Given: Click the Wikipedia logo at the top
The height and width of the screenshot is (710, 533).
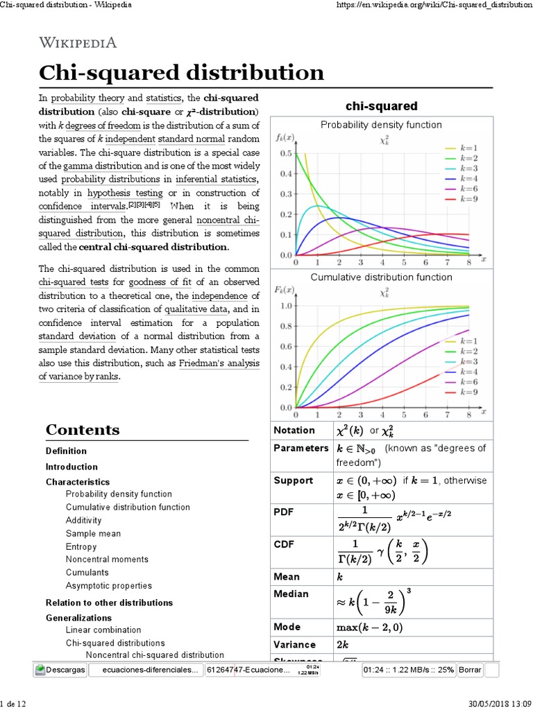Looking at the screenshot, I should pos(78,43).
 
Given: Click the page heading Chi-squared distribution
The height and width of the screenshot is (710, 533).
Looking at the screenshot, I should pos(181,73).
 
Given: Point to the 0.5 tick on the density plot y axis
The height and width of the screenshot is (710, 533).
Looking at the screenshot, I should pos(286,153).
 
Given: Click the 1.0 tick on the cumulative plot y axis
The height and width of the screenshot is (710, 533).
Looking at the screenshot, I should pos(286,306).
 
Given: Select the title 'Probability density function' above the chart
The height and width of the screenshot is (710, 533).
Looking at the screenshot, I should pos(381,125).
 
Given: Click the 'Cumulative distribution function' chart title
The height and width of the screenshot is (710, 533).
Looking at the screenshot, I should pos(381,277).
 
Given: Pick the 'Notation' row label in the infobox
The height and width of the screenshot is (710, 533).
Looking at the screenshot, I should pos(294,431).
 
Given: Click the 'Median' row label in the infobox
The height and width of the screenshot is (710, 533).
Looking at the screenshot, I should pos(291,594).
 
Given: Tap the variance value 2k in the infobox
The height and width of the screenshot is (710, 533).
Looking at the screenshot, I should pos(343,644).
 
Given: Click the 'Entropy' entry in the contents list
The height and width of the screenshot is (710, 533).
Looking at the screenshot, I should pos(81,546).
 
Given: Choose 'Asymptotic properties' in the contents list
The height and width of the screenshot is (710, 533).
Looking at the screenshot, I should pos(108,586).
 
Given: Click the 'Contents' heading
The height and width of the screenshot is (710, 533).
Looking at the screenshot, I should pos(83,430).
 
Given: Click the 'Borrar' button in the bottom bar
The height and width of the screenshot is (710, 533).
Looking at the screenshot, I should pos(470,670).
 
